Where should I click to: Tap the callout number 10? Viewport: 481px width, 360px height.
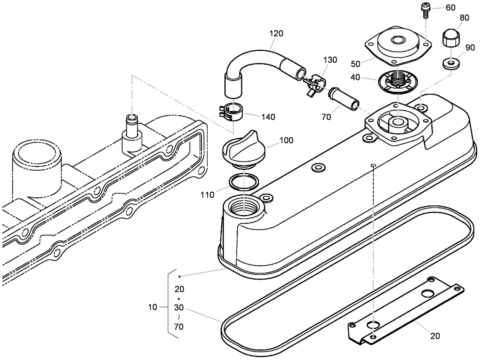pos(153,307)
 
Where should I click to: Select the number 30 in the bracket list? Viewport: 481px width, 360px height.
pos(179,307)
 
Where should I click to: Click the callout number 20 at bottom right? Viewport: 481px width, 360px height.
pos(435,336)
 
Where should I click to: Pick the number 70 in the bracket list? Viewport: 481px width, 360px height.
pos(179,327)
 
